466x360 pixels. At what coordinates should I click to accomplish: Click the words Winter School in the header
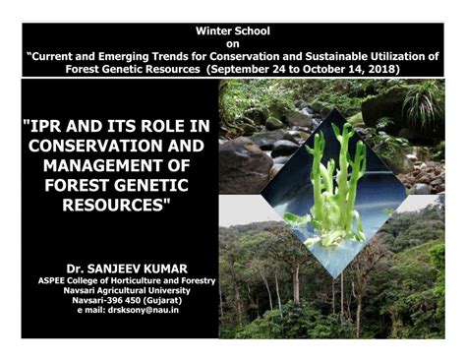click(232, 31)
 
